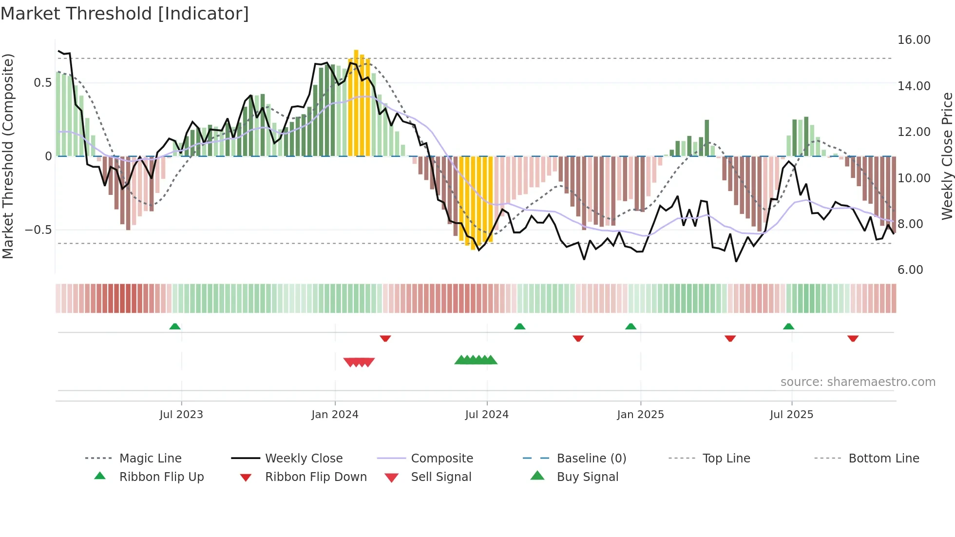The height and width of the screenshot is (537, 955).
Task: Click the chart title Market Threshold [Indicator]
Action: click(x=125, y=14)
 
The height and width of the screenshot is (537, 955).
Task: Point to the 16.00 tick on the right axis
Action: click(x=914, y=40)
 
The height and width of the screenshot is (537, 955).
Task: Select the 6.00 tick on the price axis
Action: click(x=910, y=270)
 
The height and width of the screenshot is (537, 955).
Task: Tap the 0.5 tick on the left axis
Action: click(x=42, y=83)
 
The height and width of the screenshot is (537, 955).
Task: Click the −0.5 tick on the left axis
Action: click(x=38, y=230)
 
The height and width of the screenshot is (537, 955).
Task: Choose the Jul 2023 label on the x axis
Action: click(x=181, y=415)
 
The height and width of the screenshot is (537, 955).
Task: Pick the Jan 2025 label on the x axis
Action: click(x=640, y=415)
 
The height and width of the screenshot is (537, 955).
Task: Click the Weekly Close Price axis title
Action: click(x=947, y=156)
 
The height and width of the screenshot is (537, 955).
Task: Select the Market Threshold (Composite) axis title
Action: click(x=8, y=156)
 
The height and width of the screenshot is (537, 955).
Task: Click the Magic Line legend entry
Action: click(x=150, y=459)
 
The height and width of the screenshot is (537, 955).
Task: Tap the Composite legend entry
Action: click(x=441, y=459)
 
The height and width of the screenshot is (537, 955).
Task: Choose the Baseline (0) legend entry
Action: click(x=591, y=459)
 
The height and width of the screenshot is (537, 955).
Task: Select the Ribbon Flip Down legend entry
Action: click(x=316, y=477)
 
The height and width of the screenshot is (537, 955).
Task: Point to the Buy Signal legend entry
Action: click(x=587, y=477)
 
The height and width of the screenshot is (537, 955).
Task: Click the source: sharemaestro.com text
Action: click(x=858, y=382)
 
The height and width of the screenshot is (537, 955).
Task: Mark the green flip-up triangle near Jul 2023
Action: click(x=175, y=326)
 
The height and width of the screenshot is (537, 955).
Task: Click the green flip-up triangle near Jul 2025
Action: click(x=788, y=326)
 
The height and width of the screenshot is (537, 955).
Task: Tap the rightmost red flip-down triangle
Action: click(x=853, y=338)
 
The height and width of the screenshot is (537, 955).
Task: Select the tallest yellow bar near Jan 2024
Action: click(x=356, y=102)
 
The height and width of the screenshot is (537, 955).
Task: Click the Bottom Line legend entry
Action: click(x=883, y=459)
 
